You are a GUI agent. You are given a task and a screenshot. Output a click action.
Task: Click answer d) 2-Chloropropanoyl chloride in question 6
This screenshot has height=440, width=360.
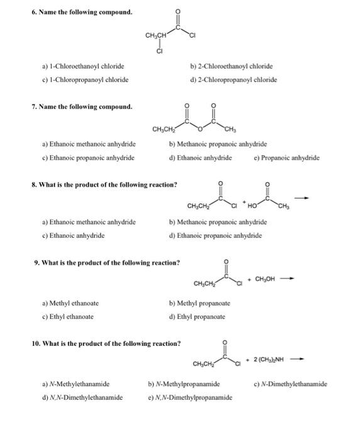pyautogui.click(x=233, y=80)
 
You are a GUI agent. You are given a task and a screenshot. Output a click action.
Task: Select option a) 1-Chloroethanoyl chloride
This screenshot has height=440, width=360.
pyautogui.click(x=83, y=66)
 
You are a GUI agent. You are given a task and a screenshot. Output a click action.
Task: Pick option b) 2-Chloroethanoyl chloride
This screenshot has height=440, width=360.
pyautogui.click(x=231, y=66)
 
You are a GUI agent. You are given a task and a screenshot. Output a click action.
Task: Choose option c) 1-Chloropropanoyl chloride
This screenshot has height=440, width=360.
pyautogui.click(x=85, y=80)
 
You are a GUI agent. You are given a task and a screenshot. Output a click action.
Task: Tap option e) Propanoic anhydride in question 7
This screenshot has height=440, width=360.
pyautogui.click(x=286, y=158)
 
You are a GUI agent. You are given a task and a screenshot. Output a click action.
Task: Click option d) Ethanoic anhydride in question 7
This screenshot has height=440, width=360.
pyautogui.click(x=200, y=158)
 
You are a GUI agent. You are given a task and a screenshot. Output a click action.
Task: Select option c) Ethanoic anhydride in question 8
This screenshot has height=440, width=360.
pyautogui.click(x=72, y=236)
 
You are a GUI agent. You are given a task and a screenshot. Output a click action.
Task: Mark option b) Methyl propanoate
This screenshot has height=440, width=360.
pyautogui.click(x=199, y=303)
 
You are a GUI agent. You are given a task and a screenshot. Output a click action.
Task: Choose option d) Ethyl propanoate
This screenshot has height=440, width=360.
pyautogui.click(x=197, y=317)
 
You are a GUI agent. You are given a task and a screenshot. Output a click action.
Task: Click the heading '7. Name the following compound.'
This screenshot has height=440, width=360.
pyautogui.click(x=82, y=107)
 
